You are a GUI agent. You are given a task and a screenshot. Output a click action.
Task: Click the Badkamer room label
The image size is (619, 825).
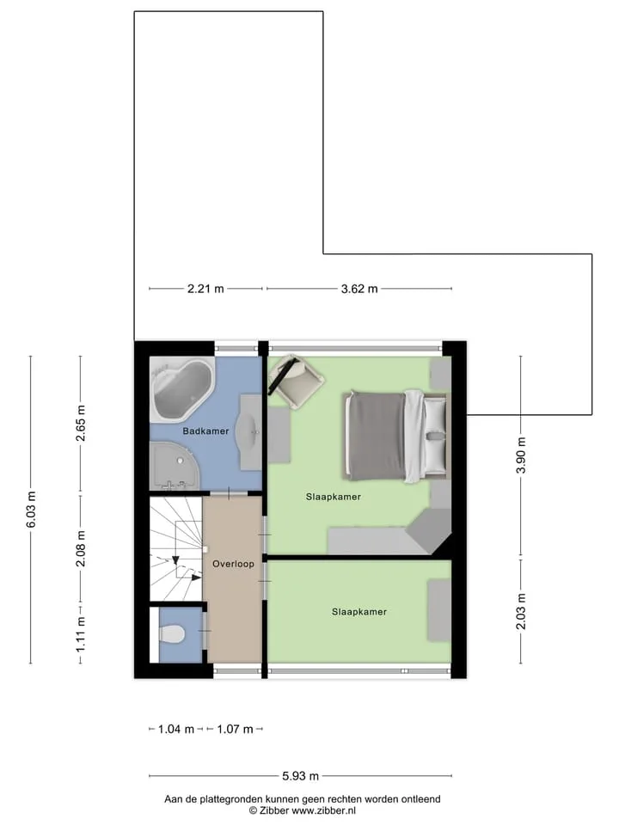click(x=205, y=431)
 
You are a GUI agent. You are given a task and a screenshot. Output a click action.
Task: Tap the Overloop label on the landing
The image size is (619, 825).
click(x=233, y=564)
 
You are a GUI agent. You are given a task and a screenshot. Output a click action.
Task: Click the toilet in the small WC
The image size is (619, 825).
click(x=172, y=634)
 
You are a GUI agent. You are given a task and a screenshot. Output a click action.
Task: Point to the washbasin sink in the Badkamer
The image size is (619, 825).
click(x=250, y=432)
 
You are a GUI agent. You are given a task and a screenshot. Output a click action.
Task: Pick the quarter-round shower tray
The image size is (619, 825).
click(x=175, y=466)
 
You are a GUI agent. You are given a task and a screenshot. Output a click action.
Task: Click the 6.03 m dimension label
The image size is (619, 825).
click(x=31, y=510)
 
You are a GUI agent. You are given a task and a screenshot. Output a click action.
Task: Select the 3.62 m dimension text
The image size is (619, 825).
click(x=359, y=289)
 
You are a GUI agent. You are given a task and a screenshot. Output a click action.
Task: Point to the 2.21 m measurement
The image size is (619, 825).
click(x=205, y=289)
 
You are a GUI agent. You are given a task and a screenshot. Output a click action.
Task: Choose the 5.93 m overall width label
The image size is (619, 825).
click(x=301, y=775)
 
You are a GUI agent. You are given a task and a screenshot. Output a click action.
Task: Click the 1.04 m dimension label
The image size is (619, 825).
click(x=176, y=730)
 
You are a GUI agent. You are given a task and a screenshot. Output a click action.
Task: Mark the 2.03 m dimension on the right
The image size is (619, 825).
click(x=521, y=611)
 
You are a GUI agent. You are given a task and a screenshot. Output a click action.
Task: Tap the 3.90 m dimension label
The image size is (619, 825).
click(x=521, y=455)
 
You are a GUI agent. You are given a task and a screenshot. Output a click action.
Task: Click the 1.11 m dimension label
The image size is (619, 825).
click(x=81, y=634)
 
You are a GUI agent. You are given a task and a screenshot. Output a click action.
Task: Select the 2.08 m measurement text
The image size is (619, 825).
click(x=81, y=549)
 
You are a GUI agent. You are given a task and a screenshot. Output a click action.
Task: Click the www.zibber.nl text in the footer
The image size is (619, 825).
click(x=324, y=810)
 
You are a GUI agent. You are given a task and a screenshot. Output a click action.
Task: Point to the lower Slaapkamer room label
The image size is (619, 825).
click(x=359, y=612)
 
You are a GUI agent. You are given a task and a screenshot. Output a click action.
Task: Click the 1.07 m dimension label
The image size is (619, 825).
click(x=236, y=730)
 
